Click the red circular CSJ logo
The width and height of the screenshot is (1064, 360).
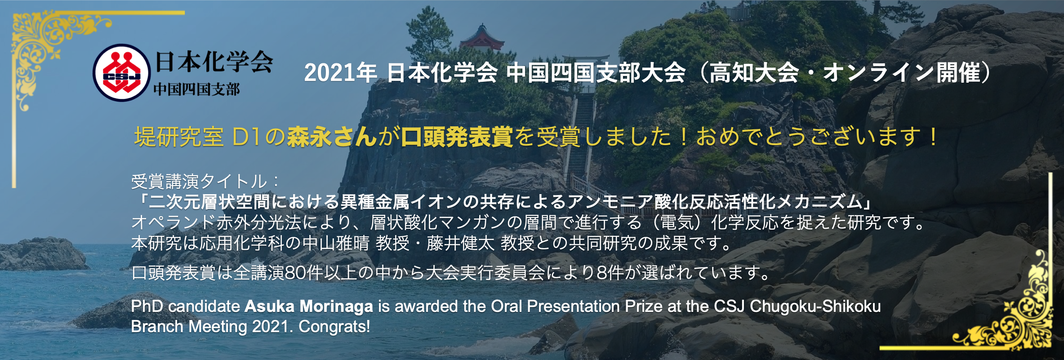point(121,72)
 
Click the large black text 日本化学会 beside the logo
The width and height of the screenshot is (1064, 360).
point(214,62)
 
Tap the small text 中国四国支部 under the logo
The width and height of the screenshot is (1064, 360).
point(197,89)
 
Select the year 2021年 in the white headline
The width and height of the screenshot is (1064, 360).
point(340,73)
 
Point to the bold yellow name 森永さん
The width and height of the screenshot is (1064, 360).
point(332,137)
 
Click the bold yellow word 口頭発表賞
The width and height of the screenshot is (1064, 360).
point(457,137)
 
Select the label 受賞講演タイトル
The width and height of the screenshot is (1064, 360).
point(199,182)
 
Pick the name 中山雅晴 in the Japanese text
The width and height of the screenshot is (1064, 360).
point(336,243)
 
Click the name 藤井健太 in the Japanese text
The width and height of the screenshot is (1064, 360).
point(461,243)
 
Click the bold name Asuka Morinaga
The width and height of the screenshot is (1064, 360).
point(309,307)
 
